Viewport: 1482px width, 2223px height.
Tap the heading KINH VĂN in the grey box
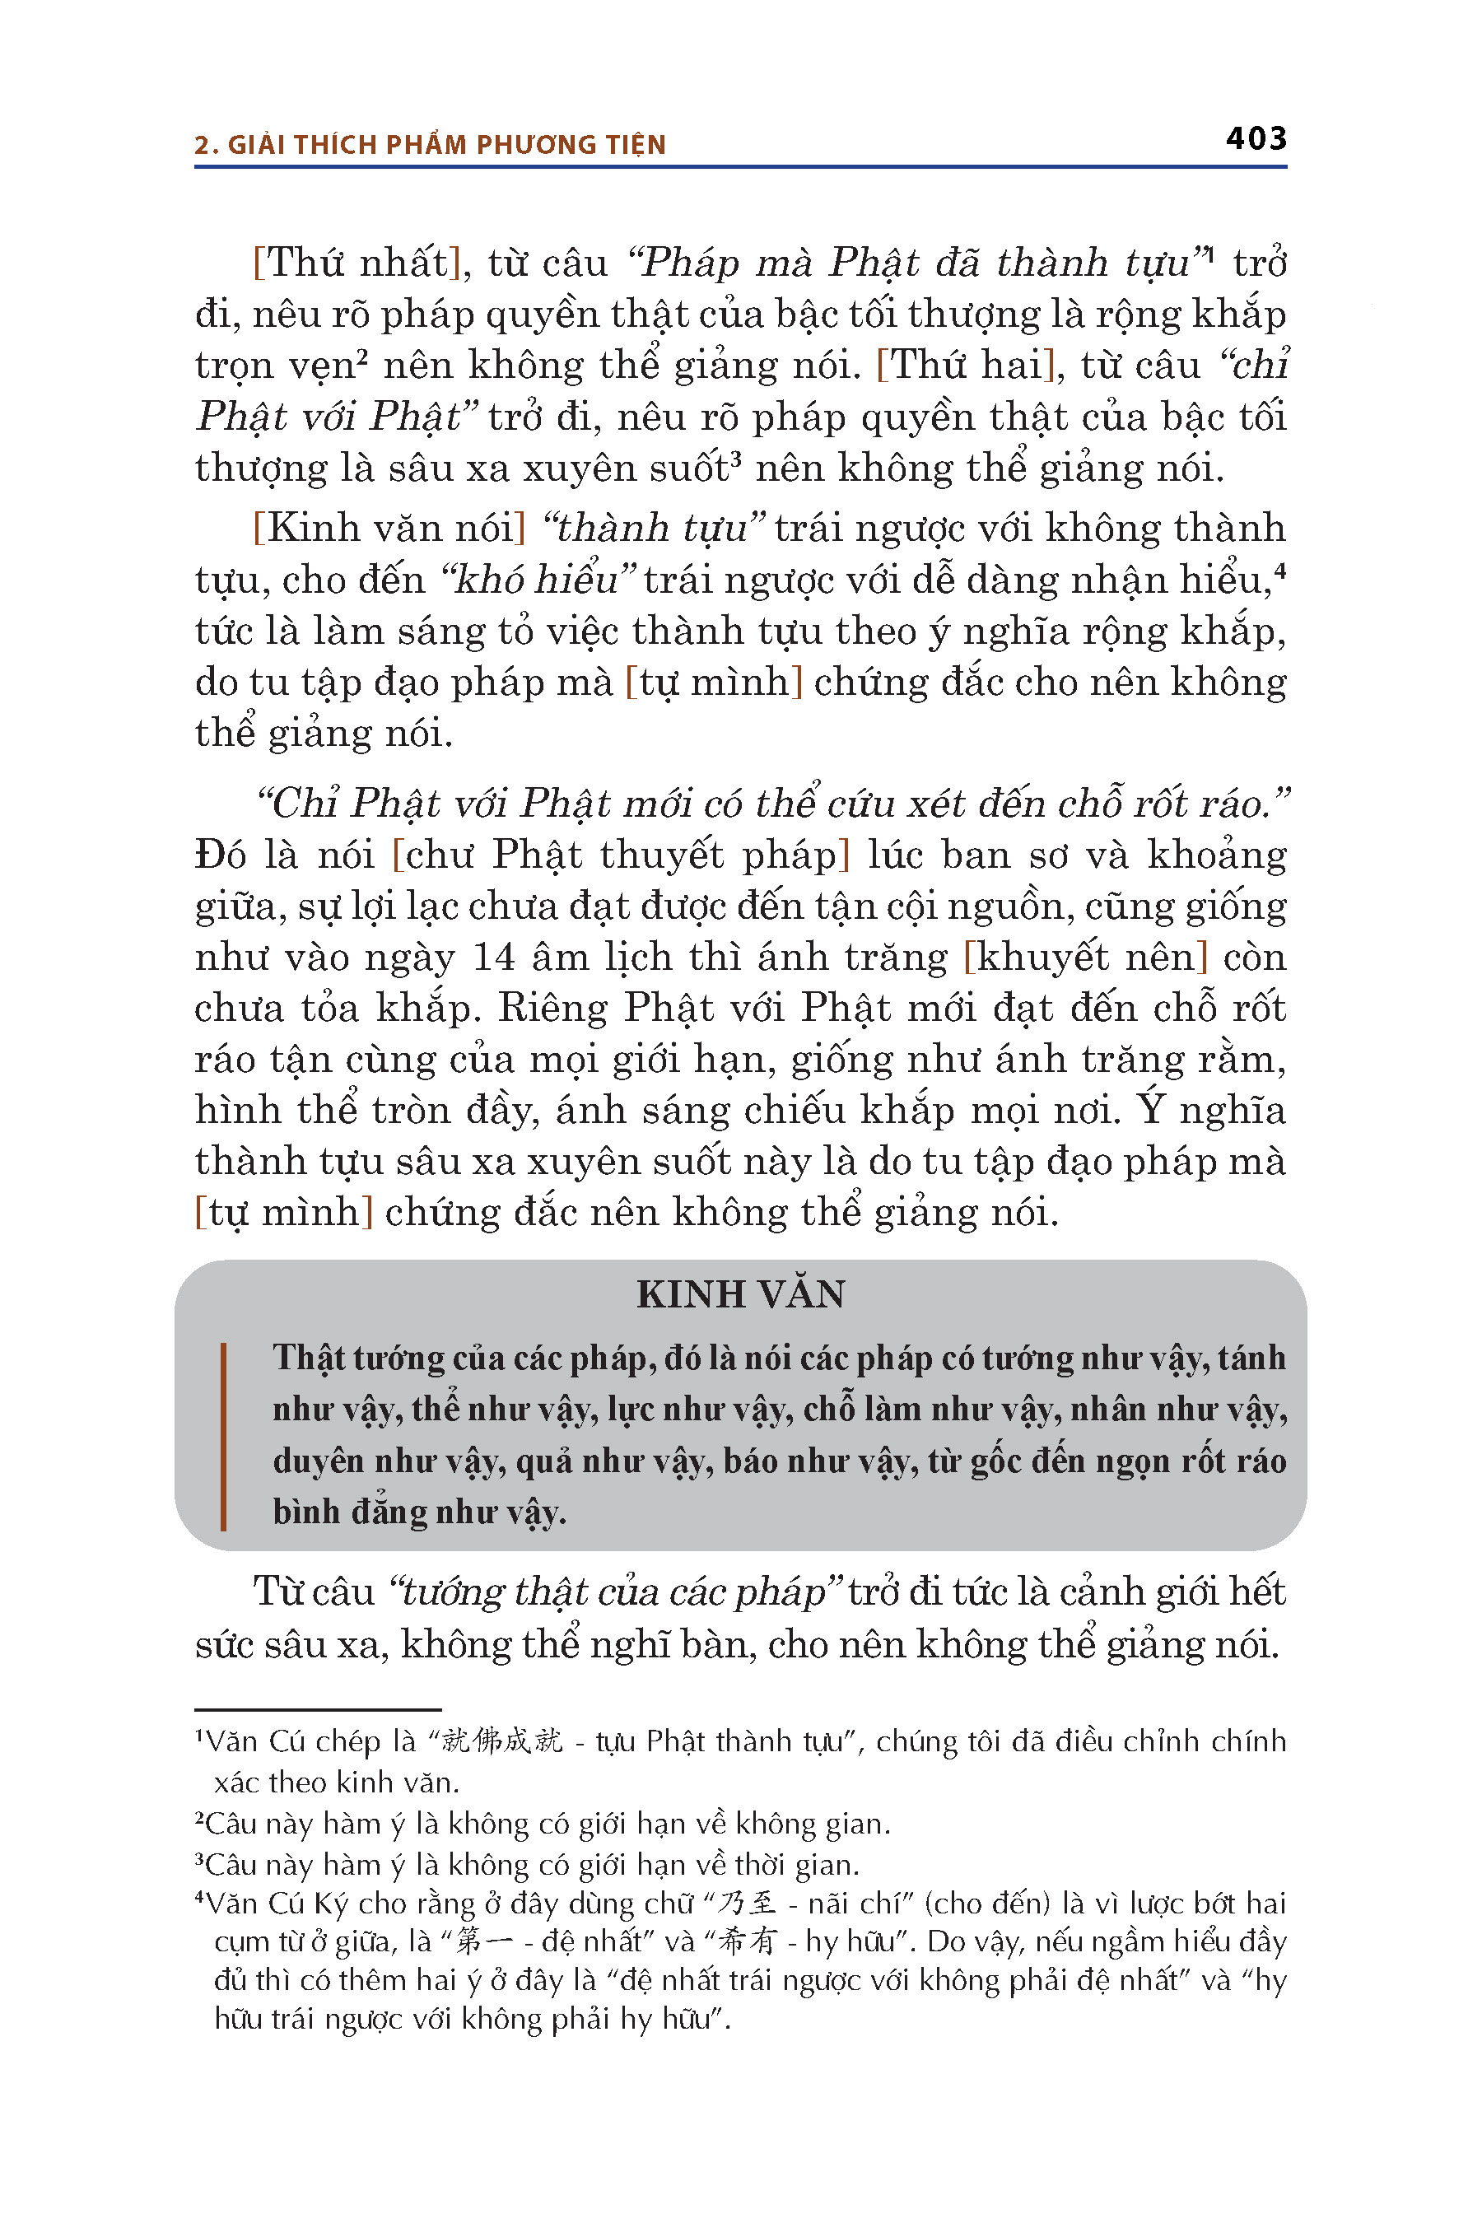click(740, 1295)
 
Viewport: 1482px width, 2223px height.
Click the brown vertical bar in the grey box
click(223, 1436)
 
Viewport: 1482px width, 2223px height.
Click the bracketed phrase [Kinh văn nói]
click(389, 529)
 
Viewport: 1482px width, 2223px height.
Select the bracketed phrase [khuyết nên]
click(1085, 958)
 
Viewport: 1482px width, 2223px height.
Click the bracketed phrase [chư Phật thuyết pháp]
click(621, 855)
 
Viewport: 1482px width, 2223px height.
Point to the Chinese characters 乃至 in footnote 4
click(747, 1903)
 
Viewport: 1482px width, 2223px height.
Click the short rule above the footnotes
click(318, 1709)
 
